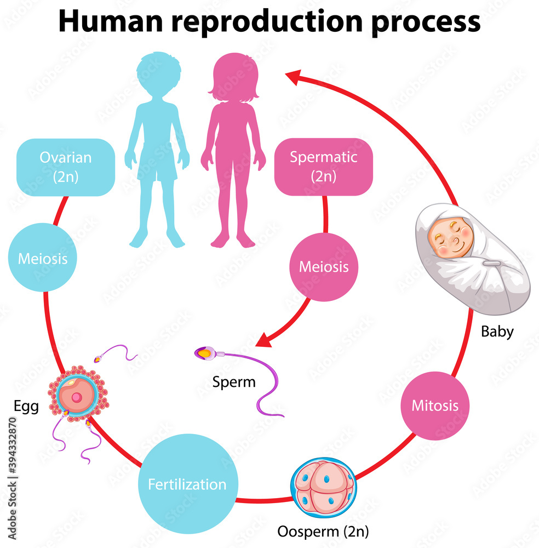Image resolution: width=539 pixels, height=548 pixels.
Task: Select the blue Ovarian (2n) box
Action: coord(65,167)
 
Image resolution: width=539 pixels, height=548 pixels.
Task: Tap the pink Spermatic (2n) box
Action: coord(323,167)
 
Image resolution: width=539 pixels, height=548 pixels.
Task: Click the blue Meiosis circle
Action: coord(43,258)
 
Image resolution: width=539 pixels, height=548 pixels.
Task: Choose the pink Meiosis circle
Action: coord(323,266)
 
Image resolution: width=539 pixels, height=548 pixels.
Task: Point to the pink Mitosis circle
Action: coord(435,406)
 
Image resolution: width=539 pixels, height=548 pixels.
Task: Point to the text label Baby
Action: coord(497,332)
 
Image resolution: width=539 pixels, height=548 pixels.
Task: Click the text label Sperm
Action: coord(234,382)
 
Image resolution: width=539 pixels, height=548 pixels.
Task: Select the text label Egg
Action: coord(26,407)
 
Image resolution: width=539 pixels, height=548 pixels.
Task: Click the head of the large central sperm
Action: coord(204,354)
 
